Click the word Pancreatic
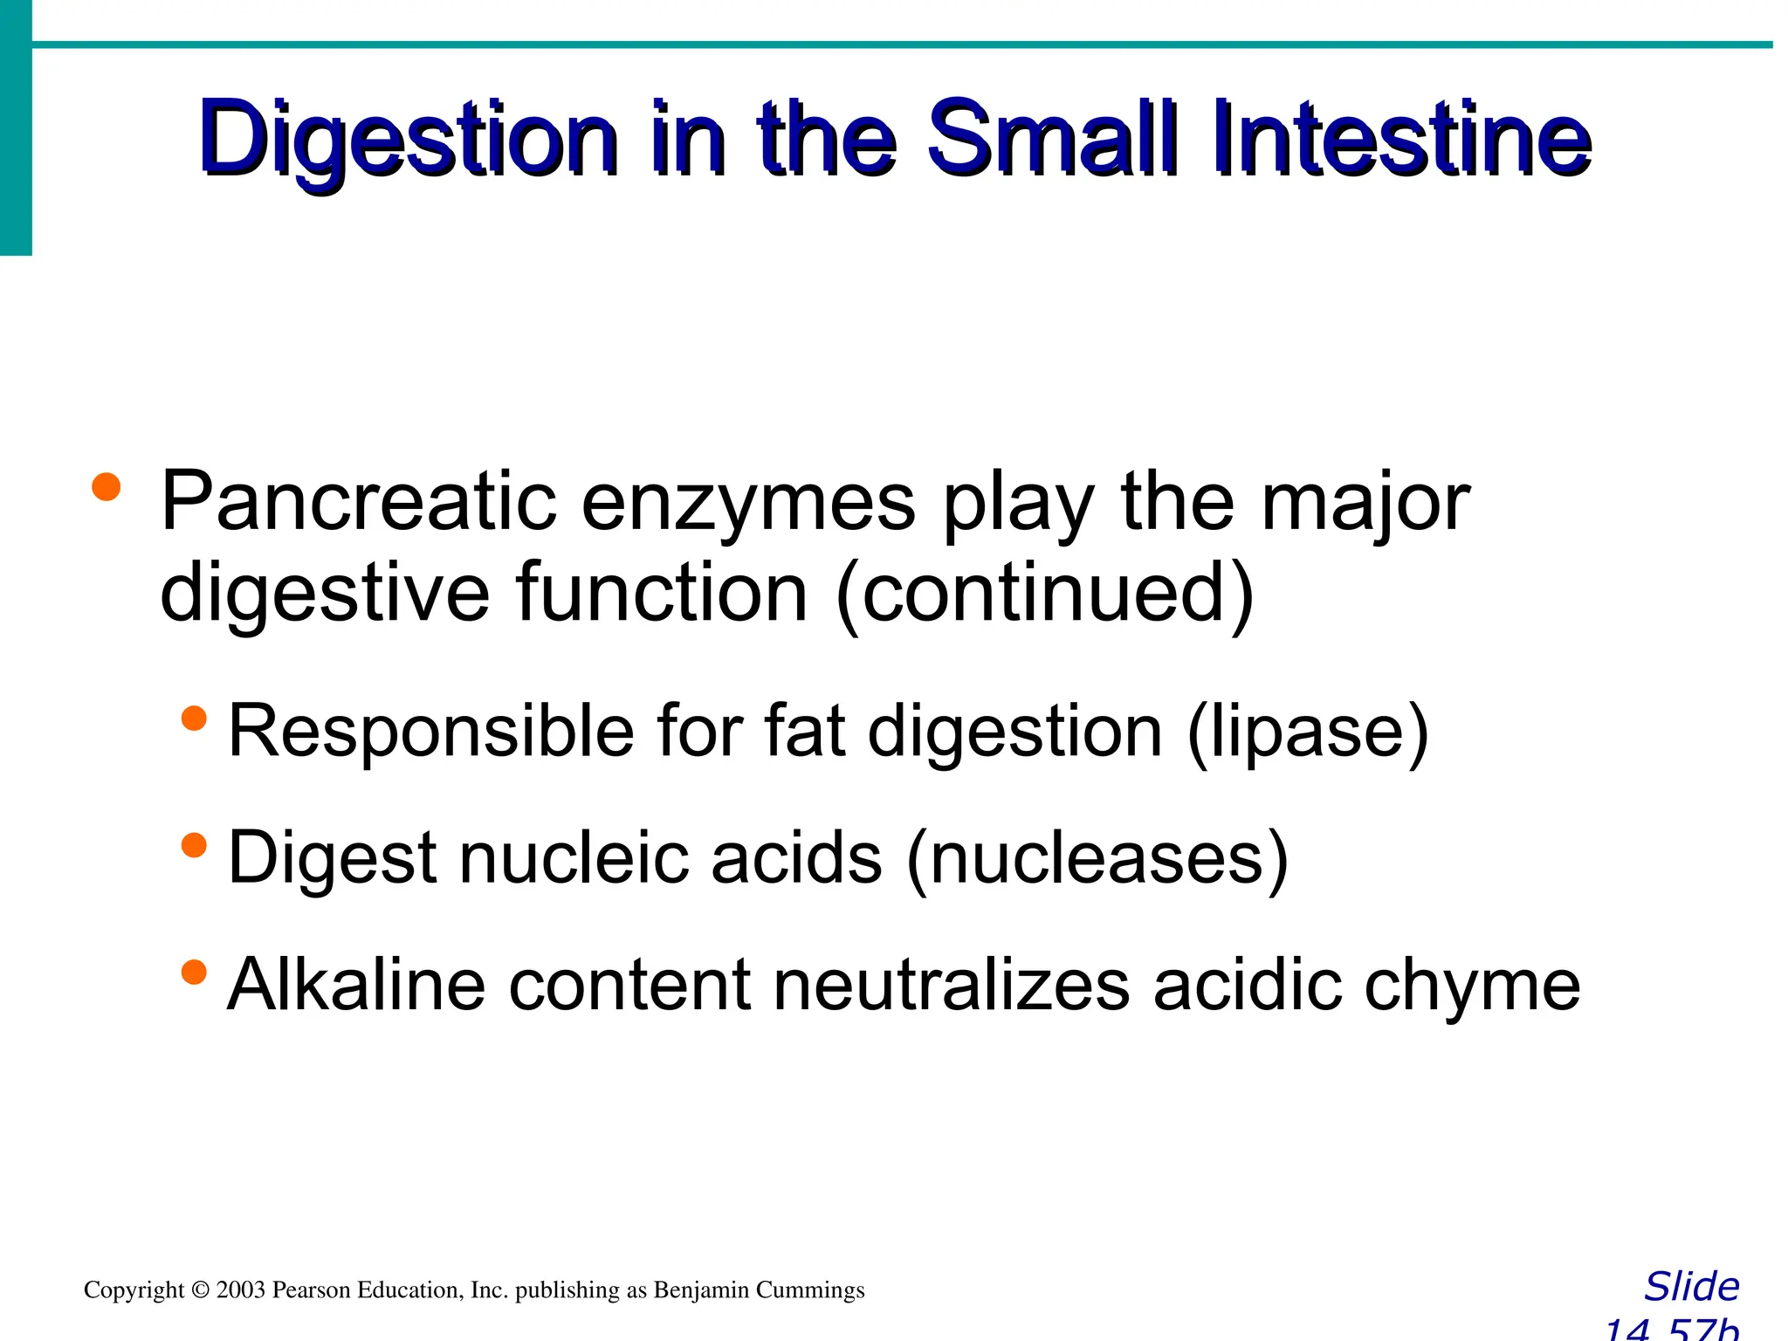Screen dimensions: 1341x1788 click(358, 502)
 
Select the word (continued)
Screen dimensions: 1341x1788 click(1044, 594)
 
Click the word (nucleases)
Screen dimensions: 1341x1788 click(1097, 859)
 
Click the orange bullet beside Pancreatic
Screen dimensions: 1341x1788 click(106, 486)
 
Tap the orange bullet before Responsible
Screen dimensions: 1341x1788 click(194, 719)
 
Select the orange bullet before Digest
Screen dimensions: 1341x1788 click(194, 845)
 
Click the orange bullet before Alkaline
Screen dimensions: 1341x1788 click(194, 972)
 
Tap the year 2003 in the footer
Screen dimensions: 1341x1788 click(240, 1290)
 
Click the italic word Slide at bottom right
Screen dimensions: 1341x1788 click(1691, 1287)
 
